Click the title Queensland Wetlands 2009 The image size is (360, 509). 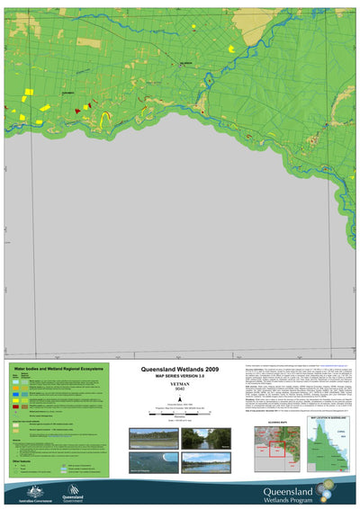coord(180,370)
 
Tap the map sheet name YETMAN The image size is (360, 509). coord(180,388)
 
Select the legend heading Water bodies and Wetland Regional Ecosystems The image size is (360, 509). coord(57,369)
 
